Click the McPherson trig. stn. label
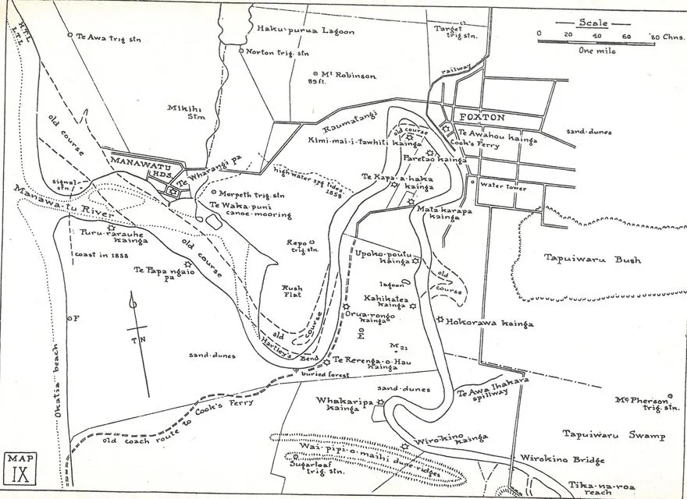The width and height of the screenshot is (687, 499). coord(637,402)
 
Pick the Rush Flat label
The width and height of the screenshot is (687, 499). coord(291,293)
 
